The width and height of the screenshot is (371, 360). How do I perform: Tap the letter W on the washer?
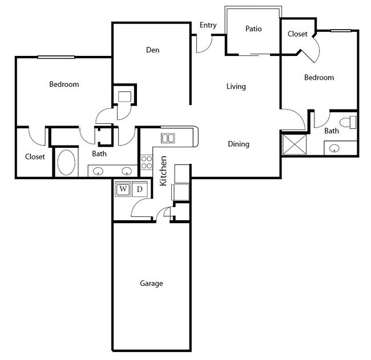(123, 189)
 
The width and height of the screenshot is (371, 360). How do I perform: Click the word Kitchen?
(163, 171)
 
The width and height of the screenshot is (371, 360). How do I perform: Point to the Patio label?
(253, 29)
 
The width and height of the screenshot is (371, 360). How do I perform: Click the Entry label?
(207, 25)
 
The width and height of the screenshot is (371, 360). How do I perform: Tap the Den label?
(152, 50)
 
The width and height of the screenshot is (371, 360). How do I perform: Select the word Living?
(236, 87)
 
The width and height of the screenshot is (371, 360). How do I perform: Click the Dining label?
(239, 144)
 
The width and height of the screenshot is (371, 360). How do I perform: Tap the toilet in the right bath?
(348, 122)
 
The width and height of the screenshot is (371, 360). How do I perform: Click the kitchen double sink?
(168, 137)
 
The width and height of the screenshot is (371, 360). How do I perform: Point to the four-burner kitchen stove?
(146, 161)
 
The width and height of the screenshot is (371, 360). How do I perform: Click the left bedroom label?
(64, 84)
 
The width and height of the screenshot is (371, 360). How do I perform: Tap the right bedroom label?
(318, 78)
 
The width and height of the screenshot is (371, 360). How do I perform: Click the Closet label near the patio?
(297, 34)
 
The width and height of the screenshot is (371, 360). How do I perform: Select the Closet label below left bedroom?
(35, 157)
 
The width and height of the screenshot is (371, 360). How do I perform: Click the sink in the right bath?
(334, 148)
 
